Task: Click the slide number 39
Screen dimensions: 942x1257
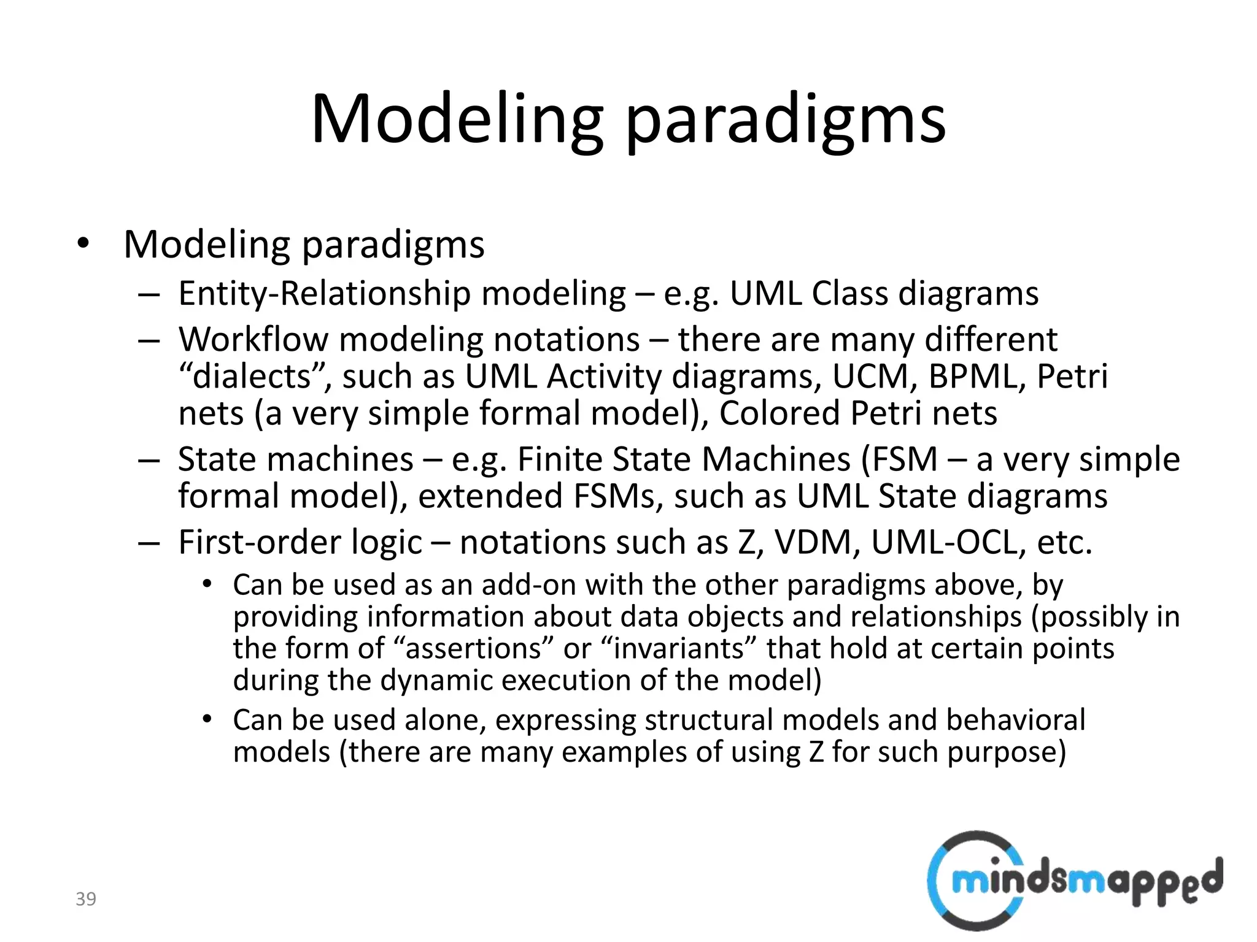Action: pos(86,899)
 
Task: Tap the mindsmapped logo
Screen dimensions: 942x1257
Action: pos(1074,881)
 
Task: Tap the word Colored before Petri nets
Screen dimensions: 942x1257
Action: pos(779,413)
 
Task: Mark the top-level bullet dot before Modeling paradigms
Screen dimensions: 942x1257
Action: pos(83,244)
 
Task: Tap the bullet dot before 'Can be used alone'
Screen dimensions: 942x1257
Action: pos(207,719)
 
